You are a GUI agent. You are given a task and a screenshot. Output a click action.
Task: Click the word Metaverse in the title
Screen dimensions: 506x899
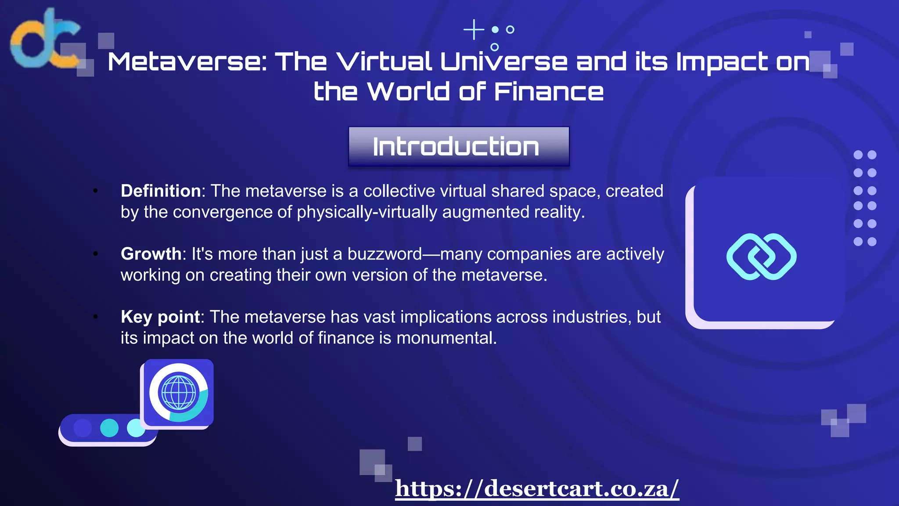tap(187, 61)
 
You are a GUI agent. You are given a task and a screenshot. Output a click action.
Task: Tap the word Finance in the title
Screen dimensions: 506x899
tap(549, 92)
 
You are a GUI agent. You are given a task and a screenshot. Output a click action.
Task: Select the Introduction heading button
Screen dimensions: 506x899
tap(459, 147)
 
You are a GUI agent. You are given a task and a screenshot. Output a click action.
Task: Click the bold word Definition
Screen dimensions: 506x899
tap(161, 191)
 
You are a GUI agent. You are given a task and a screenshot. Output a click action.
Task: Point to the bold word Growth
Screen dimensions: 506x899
tap(151, 254)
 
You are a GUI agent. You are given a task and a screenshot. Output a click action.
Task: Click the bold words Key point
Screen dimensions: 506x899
tap(160, 317)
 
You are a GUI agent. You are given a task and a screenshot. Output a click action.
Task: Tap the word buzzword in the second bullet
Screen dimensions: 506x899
tap(385, 254)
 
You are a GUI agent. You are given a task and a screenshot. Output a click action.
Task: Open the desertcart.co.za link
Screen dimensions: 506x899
tap(537, 488)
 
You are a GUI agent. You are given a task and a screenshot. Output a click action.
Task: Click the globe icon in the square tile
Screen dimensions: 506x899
tap(178, 392)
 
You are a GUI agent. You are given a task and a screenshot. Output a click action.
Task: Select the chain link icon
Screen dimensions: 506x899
tap(762, 257)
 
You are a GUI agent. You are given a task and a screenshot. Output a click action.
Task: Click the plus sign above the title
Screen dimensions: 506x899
tap(474, 30)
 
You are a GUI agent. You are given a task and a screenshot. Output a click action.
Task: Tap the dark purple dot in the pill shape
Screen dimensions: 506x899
tap(83, 427)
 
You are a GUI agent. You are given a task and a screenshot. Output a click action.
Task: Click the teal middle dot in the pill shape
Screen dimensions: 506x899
tap(109, 427)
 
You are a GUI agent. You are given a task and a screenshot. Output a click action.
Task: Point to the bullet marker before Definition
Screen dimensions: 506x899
tap(95, 191)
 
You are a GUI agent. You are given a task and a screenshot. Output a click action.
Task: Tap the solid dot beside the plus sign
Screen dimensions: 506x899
tap(495, 29)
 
